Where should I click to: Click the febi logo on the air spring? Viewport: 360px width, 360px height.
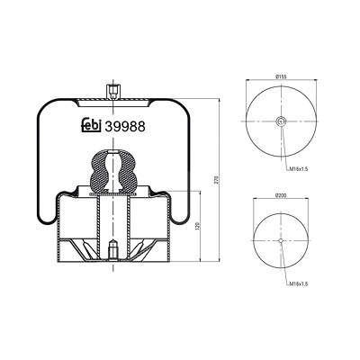coord(91,126)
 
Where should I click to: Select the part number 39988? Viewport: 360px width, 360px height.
coord(125,127)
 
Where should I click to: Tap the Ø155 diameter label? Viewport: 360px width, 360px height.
coord(281,76)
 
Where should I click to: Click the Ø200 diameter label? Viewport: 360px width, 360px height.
coord(281,195)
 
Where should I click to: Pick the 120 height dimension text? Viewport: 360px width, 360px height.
coord(197,226)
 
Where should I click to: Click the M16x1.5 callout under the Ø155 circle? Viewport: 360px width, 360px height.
coord(299,169)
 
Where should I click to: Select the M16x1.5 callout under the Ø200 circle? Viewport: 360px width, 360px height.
coord(299,283)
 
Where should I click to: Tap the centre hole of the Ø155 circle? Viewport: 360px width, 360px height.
coord(281,121)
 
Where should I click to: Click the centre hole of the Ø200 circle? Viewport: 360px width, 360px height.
coord(281,240)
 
